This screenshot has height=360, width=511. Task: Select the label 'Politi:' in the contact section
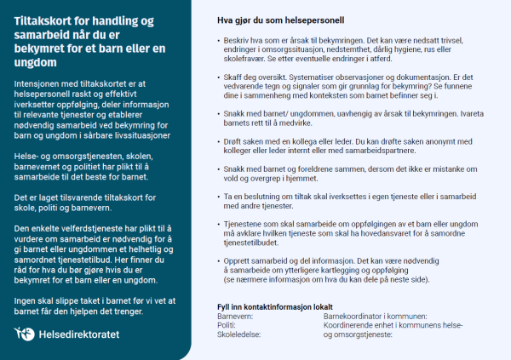(x=227, y=324)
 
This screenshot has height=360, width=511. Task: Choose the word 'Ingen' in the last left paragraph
(x=27, y=301)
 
